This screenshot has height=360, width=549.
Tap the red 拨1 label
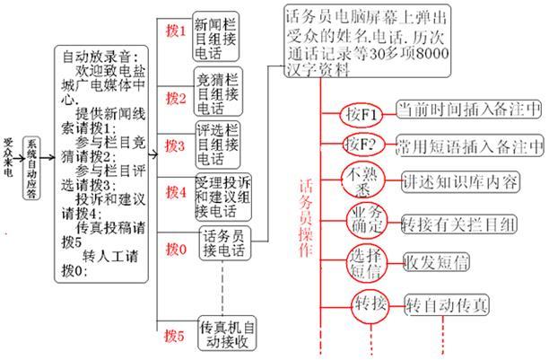point(176,31)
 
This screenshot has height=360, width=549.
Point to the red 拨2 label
point(176,97)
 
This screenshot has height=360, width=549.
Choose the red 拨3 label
point(176,145)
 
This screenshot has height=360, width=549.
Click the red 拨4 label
point(176,190)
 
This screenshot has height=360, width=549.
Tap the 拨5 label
point(176,338)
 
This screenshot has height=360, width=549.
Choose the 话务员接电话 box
point(223,242)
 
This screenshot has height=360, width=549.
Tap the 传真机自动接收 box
point(228,333)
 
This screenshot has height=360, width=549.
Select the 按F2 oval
point(363,144)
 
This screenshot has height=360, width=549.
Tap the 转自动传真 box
point(448,304)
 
